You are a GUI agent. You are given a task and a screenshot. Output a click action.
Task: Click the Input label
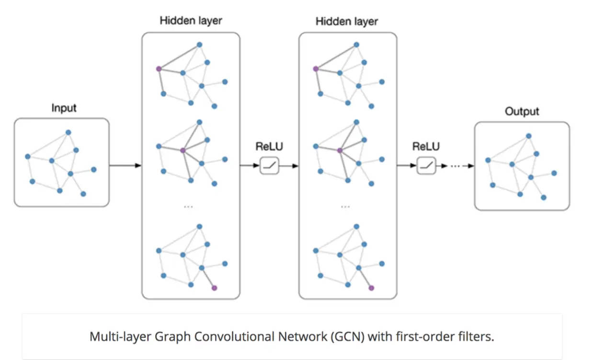tap(64, 108)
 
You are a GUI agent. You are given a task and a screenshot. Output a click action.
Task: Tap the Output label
tap(522, 112)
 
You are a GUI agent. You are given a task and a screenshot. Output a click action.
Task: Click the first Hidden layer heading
tap(191, 21)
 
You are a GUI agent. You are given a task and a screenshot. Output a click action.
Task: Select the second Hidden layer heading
tap(347, 21)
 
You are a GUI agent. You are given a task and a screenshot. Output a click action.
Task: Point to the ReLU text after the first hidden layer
tap(269, 146)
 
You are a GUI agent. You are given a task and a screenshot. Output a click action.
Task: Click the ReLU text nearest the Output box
tap(426, 146)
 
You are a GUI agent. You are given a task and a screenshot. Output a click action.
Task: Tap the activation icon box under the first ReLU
tap(269, 165)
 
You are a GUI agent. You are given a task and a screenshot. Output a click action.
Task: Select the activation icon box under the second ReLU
tap(426, 165)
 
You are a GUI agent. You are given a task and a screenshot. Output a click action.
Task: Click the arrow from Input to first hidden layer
tap(125, 165)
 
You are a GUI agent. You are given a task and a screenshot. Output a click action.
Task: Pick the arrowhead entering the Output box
tap(471, 166)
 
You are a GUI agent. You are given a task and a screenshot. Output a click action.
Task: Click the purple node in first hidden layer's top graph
tap(159, 69)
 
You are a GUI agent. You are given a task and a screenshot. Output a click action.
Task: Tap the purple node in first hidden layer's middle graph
tap(182, 151)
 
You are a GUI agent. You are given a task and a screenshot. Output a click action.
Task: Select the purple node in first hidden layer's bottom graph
tap(215, 288)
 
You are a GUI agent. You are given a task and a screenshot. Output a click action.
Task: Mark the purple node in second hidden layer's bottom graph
tap(371, 288)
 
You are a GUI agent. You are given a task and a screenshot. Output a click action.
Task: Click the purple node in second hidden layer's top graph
tap(316, 69)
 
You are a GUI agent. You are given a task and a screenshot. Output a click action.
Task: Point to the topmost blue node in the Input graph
tap(68, 132)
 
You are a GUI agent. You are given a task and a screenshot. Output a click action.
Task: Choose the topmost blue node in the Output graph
tap(529, 136)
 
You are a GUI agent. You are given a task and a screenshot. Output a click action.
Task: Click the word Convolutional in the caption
tap(234, 337)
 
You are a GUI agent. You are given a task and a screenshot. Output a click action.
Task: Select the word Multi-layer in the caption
tap(120, 337)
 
